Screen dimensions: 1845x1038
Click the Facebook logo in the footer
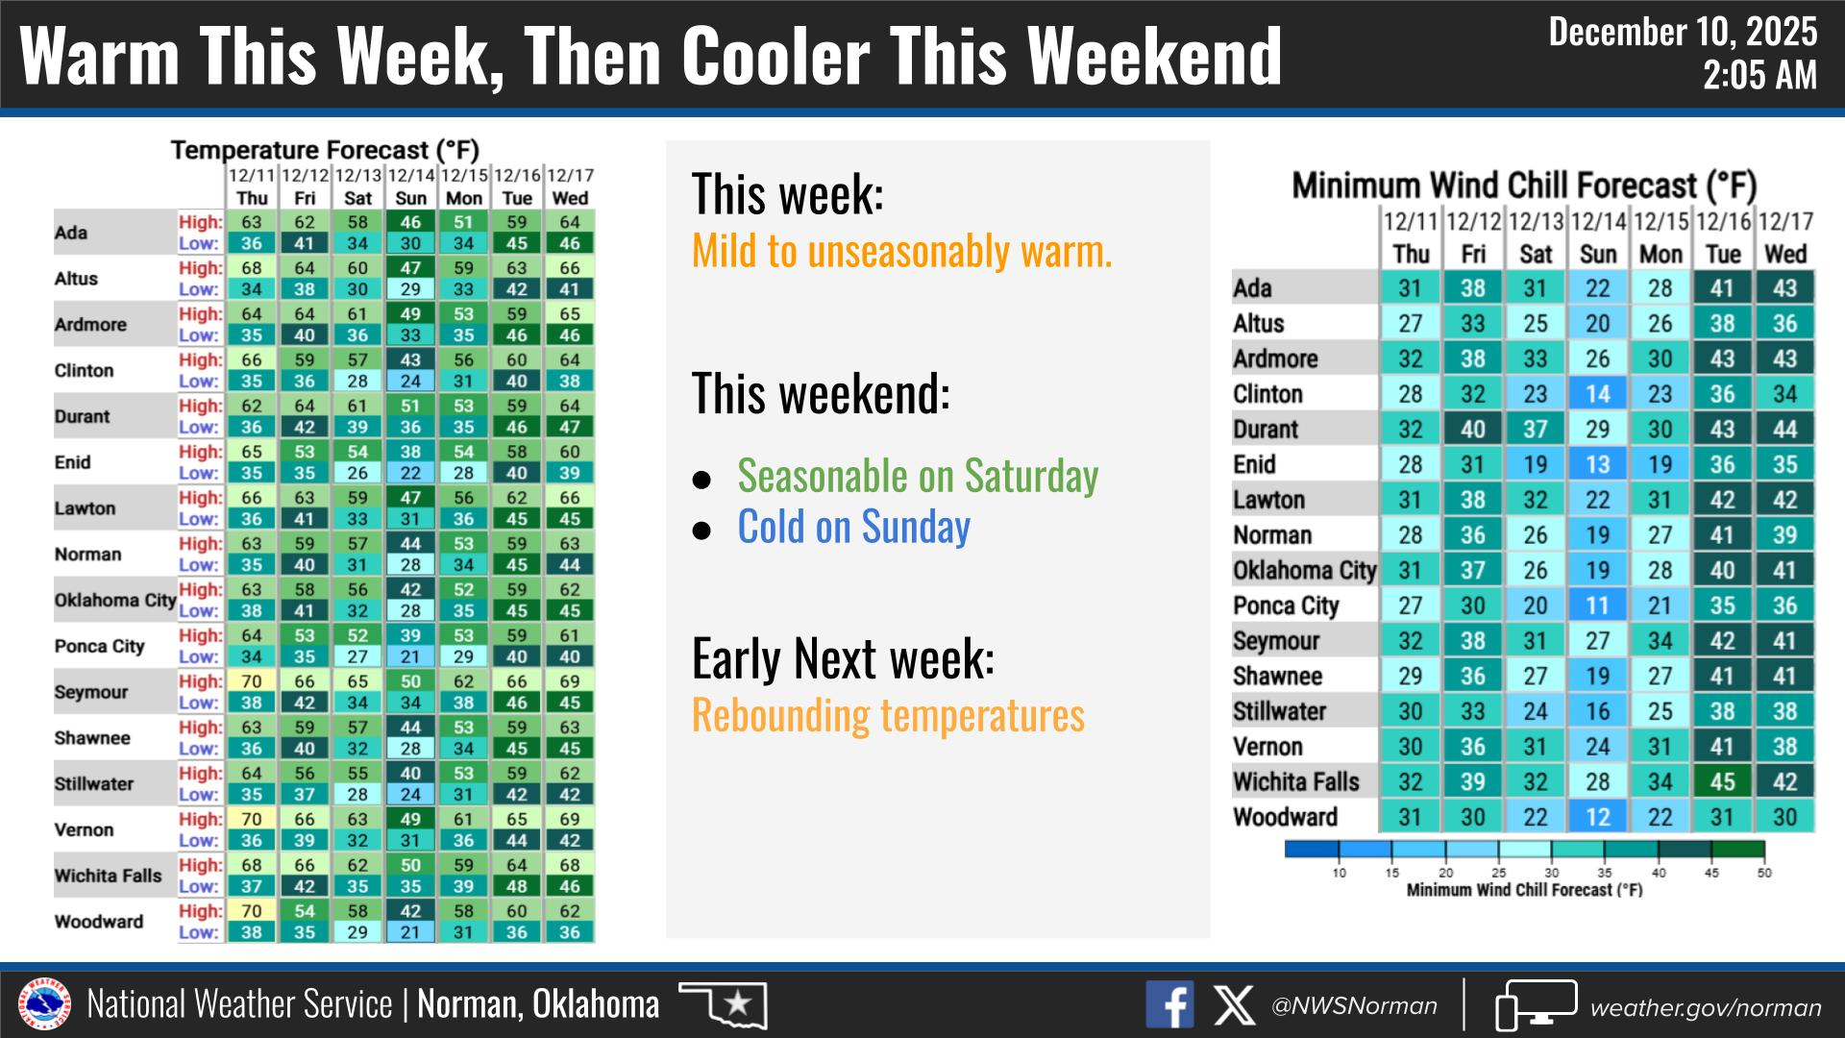click(1169, 1005)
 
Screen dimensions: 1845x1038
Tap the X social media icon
click(1234, 1005)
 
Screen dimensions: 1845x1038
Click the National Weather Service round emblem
click(45, 1005)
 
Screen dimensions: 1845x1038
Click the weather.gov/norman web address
click(1706, 1007)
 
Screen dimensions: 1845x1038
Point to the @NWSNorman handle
click(1354, 1006)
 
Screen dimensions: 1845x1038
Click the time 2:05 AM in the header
click(1759, 75)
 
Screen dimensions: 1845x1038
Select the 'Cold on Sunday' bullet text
click(853, 527)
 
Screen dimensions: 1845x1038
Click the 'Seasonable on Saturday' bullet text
click(918, 476)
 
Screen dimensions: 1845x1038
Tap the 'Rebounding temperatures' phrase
click(888, 715)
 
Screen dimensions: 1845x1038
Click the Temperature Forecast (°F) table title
click(325, 150)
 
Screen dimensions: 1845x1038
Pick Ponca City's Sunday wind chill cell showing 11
click(1597, 605)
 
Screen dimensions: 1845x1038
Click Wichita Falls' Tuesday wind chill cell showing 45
click(1722, 781)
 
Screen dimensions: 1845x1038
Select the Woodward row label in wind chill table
click(1285, 817)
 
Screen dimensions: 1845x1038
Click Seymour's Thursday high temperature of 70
click(252, 681)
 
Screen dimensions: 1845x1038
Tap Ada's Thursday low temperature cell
click(252, 243)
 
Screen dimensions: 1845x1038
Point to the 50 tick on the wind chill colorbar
click(1764, 873)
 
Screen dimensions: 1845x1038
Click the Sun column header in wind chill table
click(1598, 255)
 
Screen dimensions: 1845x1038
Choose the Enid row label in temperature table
click(72, 462)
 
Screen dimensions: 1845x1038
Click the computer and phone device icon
click(1536, 1005)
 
